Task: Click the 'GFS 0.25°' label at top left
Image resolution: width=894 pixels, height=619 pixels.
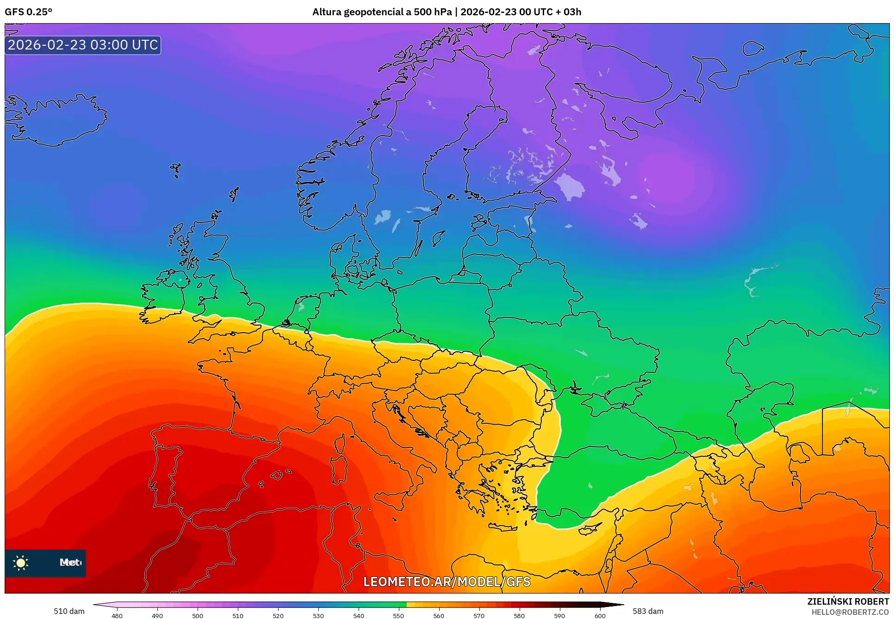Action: [x=28, y=12]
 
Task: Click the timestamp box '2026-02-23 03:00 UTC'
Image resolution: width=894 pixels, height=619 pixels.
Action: [x=83, y=45]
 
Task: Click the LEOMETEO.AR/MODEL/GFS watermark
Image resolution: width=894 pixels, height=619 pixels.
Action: [x=447, y=582]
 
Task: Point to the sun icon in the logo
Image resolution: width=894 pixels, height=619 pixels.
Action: [x=21, y=563]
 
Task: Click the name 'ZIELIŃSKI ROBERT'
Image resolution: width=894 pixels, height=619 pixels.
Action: [x=848, y=601]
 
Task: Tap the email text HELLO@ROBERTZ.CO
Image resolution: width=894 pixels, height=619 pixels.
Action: [x=850, y=612]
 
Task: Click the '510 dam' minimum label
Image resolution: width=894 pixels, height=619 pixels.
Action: [x=69, y=611]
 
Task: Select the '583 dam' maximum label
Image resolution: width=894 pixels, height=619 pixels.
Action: [x=648, y=611]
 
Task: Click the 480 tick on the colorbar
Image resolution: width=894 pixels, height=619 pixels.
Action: [x=117, y=616]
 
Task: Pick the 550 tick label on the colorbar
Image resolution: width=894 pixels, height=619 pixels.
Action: [x=398, y=616]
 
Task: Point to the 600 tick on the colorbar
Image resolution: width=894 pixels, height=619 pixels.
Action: [x=600, y=616]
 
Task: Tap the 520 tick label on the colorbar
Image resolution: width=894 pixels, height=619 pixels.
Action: [x=278, y=616]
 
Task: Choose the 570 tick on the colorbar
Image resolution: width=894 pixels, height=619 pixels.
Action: [x=479, y=616]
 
